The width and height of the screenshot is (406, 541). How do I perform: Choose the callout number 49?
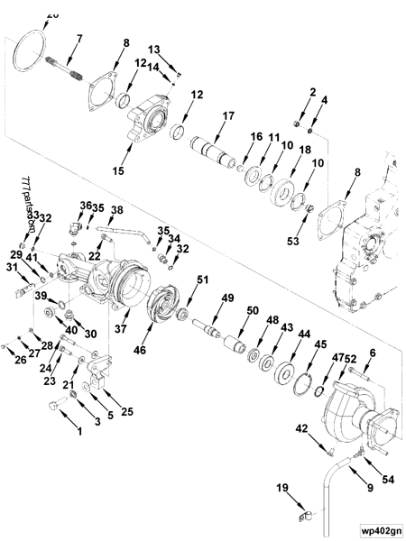[x=227, y=298]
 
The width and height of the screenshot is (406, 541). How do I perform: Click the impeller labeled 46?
[x=166, y=310]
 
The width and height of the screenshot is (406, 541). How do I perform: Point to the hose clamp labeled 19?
[x=304, y=517]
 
